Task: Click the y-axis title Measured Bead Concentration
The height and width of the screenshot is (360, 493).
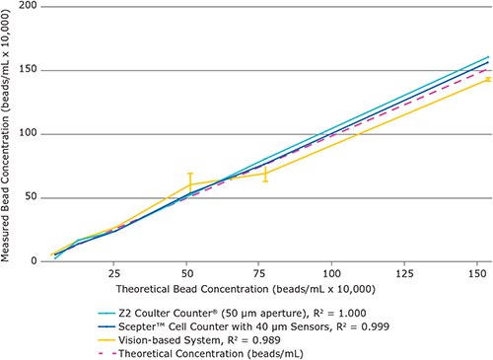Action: click(x=9, y=133)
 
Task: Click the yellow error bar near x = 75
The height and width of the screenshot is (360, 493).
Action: click(x=264, y=175)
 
